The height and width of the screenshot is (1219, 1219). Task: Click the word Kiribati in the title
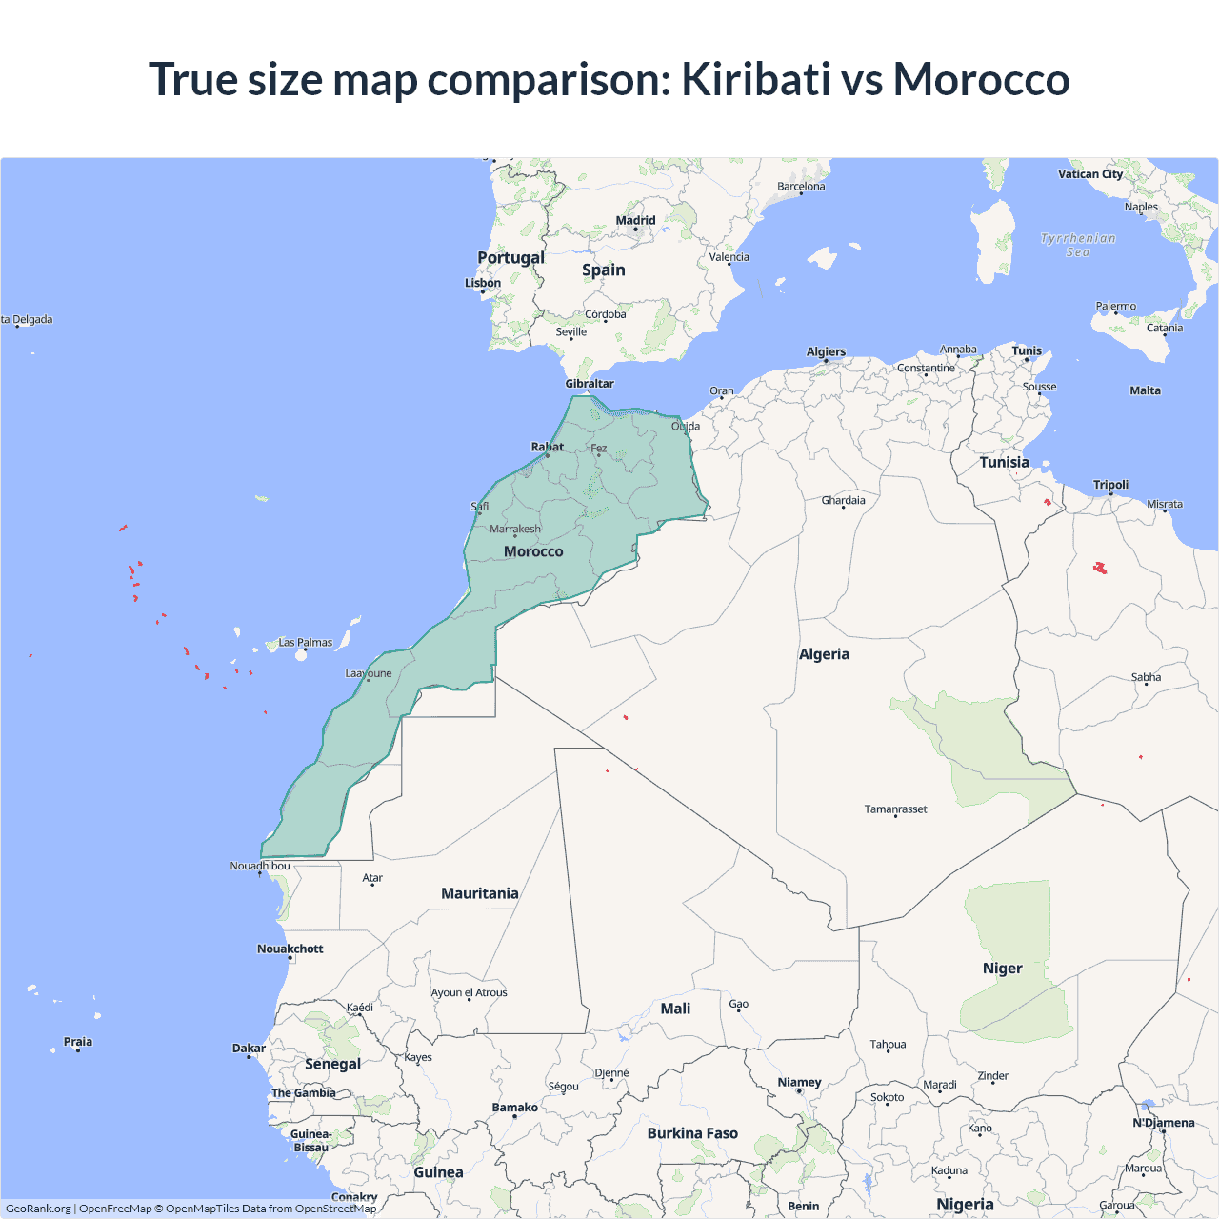point(755,79)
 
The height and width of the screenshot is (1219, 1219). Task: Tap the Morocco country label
point(533,551)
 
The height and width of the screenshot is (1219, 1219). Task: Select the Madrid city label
point(635,220)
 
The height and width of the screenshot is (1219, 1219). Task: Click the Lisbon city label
point(483,283)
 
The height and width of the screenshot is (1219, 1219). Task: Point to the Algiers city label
point(826,351)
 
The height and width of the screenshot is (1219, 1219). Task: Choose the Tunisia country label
point(1004,462)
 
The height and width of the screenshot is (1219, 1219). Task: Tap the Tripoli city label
point(1110,485)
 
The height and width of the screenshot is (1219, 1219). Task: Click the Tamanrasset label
point(895,809)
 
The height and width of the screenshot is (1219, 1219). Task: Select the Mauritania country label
point(480,893)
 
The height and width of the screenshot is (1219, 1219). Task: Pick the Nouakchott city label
point(290,949)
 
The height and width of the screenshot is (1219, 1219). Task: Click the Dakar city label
point(249,1048)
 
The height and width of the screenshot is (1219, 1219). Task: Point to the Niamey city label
point(799,1082)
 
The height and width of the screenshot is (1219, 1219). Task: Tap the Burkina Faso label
point(692,1133)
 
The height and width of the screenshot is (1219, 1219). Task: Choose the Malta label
point(1145,390)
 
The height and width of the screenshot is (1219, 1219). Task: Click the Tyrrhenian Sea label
point(1078,245)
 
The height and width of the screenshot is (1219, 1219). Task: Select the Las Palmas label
point(305,643)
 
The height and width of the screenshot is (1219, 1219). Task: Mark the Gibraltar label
point(590,384)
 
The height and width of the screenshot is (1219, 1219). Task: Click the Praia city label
point(78,1042)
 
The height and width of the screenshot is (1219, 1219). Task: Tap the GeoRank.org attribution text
point(38,1209)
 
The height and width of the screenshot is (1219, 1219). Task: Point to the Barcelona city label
point(801,187)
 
